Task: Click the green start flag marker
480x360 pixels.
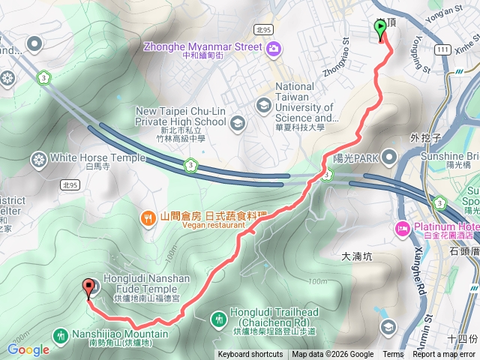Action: pyautogui.click(x=380, y=28)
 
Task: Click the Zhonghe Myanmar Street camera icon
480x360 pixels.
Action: pyautogui.click(x=273, y=48)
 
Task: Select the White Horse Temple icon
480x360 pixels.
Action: pyautogui.click(x=38, y=159)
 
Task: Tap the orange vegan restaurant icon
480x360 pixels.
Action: pyautogui.click(x=148, y=217)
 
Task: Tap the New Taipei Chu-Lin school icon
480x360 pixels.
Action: pyautogui.click(x=238, y=122)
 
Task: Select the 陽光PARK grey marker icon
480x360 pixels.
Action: pyautogui.click(x=389, y=157)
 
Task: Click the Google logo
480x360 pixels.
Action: pyautogui.click(x=28, y=349)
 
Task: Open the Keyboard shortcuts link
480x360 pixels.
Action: pyautogui.click(x=250, y=355)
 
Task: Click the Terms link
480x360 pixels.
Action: pyautogui.click(x=393, y=355)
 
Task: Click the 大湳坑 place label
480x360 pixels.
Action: pyautogui.click(x=356, y=256)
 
